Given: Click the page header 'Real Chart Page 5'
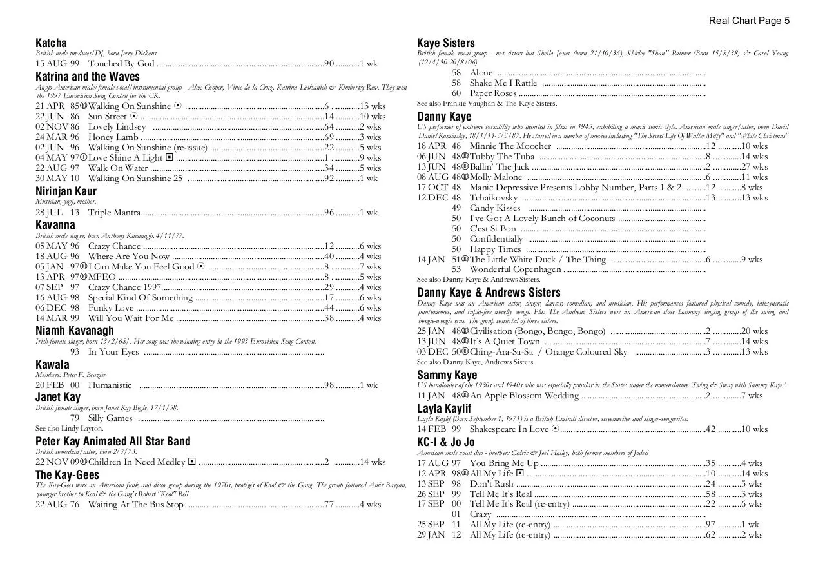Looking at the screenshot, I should (x=749, y=21).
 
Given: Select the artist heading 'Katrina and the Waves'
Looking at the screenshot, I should (x=88, y=77).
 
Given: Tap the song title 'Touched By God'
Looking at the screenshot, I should (x=121, y=64).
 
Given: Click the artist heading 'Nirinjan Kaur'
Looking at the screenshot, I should (x=66, y=191).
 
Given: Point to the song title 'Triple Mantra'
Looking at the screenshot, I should (x=114, y=213).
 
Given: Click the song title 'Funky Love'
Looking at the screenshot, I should (x=111, y=308).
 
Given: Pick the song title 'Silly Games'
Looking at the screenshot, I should (x=110, y=418).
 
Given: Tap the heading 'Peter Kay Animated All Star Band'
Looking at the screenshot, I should (x=113, y=442).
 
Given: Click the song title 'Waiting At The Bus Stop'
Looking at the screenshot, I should (x=135, y=505).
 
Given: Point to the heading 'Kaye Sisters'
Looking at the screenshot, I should (x=446, y=43).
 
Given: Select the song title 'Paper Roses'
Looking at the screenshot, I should (x=493, y=93).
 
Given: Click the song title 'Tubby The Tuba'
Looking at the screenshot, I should (x=502, y=157).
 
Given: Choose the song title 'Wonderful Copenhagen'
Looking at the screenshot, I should (x=515, y=269).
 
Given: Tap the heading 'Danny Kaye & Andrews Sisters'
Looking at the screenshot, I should (x=489, y=293).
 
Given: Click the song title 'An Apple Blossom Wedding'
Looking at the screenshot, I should (x=524, y=396).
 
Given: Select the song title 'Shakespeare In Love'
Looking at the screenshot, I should (x=509, y=429).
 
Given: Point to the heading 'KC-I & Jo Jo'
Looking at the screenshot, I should (x=446, y=442).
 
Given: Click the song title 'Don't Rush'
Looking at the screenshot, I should (x=492, y=484).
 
